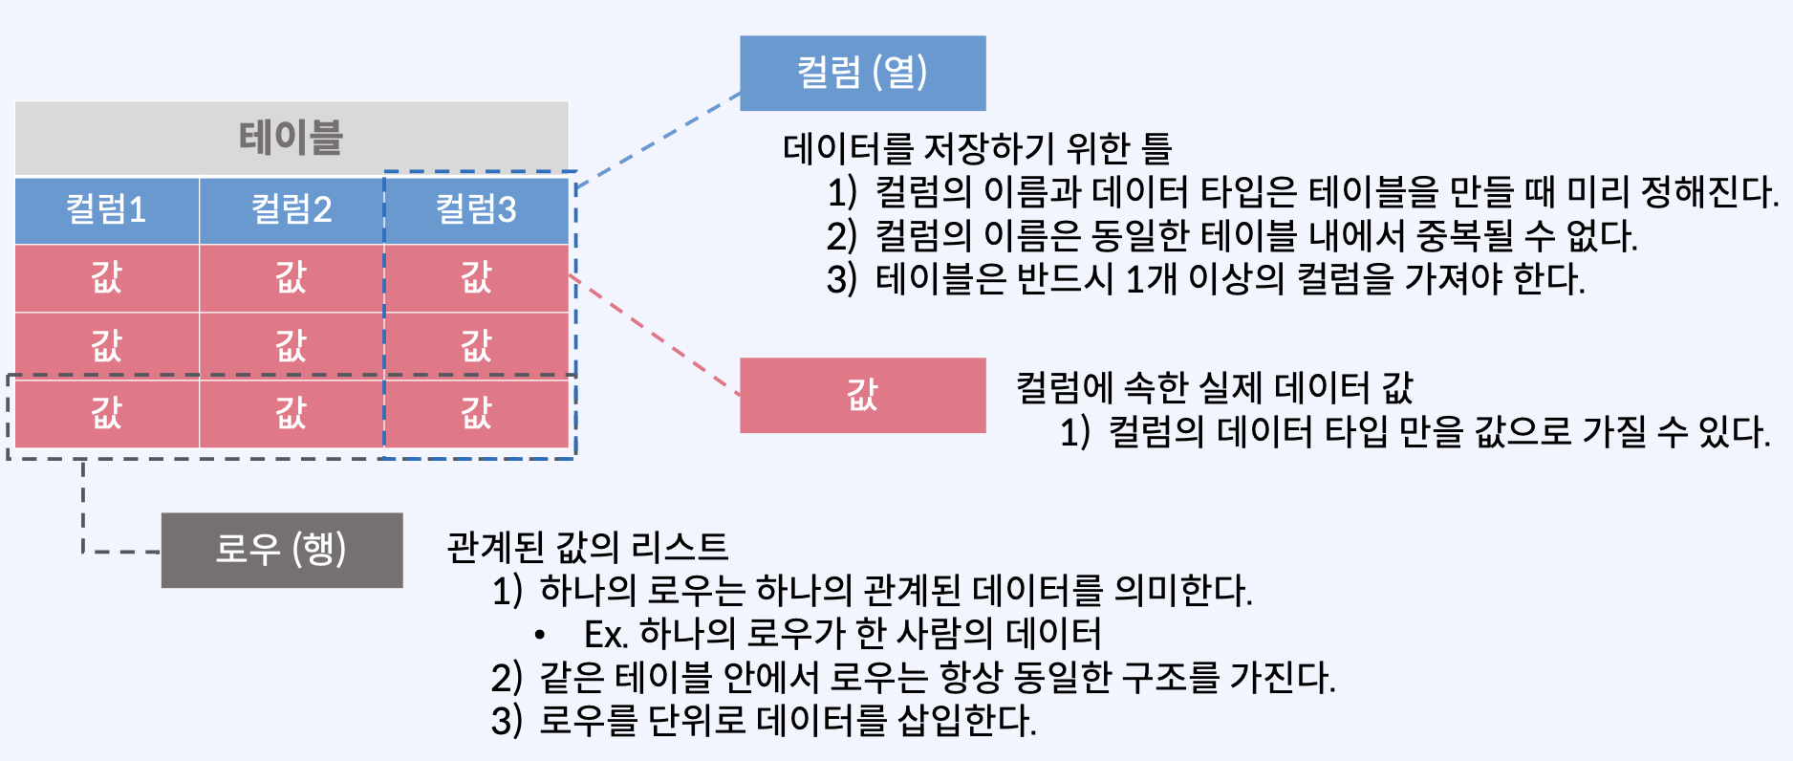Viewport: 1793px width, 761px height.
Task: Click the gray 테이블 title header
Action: coord(292,138)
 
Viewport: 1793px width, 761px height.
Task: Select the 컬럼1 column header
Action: coord(106,209)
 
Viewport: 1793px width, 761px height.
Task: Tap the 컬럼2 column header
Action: coord(292,209)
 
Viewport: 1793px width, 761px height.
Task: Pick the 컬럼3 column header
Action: coord(476,209)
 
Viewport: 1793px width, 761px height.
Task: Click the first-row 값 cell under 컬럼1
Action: coord(106,277)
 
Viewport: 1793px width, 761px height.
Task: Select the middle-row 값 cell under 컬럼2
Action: coord(292,345)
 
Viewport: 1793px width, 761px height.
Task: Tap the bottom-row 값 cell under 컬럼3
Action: coord(476,413)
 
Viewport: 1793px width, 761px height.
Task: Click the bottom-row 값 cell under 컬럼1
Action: coord(106,413)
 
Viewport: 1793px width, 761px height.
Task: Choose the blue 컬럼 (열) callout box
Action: coord(862,73)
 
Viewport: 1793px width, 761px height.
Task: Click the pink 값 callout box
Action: coord(862,395)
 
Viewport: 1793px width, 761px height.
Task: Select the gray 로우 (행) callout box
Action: coord(282,550)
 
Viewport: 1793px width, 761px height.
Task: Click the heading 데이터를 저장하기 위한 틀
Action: coord(977,148)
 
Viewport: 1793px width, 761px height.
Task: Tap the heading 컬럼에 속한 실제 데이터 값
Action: coord(1214,387)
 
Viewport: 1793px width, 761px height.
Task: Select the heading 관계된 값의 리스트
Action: coord(588,547)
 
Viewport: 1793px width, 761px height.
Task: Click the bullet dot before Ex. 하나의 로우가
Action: coord(540,635)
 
